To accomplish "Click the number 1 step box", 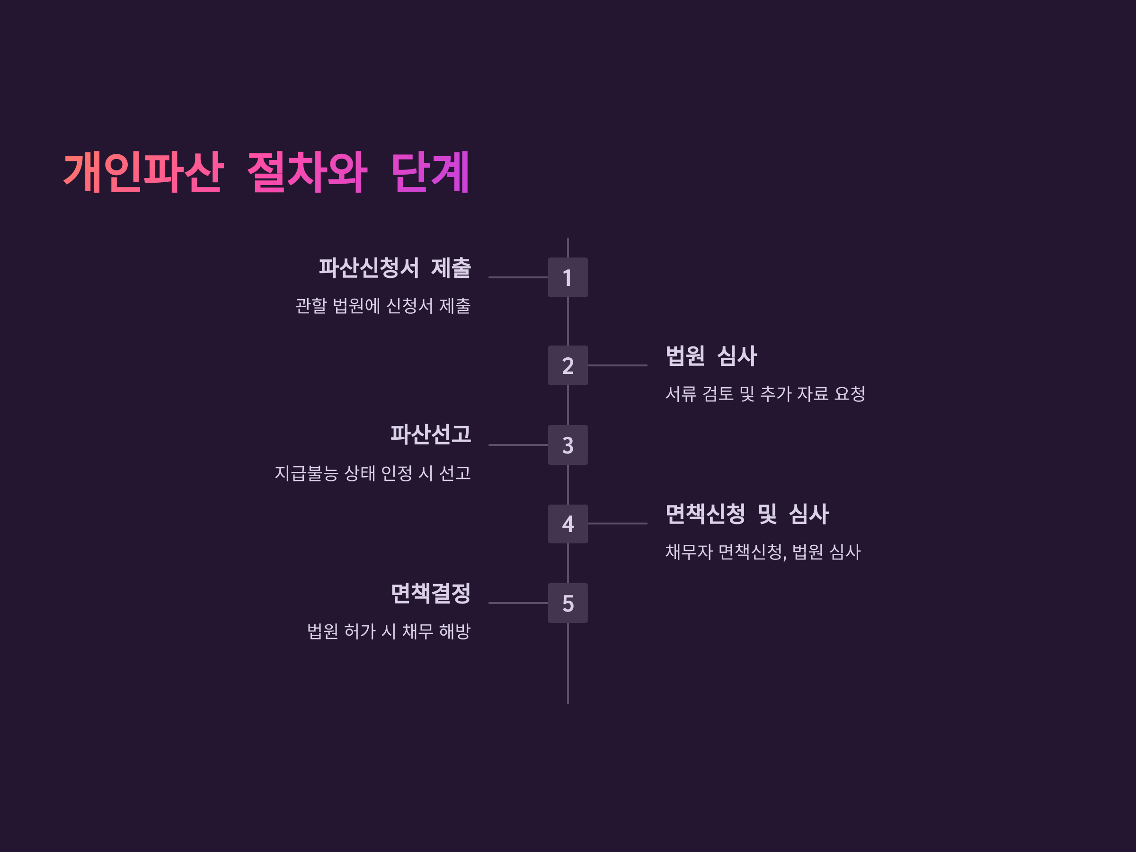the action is coord(568,277).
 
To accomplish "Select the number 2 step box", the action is coord(568,365).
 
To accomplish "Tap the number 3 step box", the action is coord(568,445).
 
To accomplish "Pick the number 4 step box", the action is coord(568,524).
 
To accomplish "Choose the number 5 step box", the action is coord(568,603).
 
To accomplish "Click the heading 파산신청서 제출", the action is coord(394,267).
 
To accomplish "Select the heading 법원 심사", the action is coord(711,355).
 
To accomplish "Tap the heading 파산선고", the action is coord(430,435).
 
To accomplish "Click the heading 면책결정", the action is coord(430,593).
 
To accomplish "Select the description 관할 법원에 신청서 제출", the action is coord(382,306).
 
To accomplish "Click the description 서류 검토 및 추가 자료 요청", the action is coord(765,394).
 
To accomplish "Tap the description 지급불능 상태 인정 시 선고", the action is coord(373,473).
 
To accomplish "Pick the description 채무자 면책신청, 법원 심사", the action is coord(763,552).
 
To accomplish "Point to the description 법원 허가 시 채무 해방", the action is coord(388,631).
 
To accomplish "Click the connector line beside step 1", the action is coord(518,277).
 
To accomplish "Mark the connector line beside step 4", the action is coord(617,524).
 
